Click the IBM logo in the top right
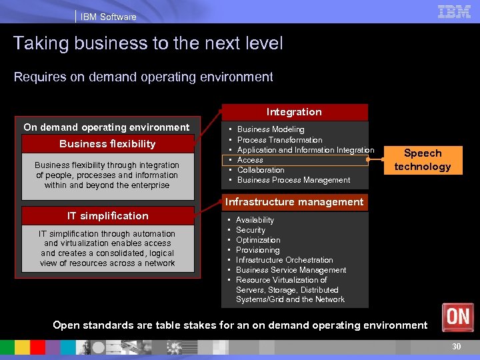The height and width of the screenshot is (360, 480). [454, 11]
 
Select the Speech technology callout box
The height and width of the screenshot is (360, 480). [422, 160]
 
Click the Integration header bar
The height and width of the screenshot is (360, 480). [294, 112]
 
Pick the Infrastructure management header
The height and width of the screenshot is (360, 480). [294, 202]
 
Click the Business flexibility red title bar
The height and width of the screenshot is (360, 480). [107, 144]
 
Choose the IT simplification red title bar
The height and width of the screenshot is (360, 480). [107, 216]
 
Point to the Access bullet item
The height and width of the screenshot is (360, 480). [250, 160]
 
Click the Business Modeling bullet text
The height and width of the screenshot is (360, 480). [271, 129]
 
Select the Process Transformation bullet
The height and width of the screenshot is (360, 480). [279, 140]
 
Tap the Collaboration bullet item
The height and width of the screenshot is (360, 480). [261, 170]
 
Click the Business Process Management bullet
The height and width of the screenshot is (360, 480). [293, 180]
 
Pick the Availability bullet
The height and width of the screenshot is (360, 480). [255, 220]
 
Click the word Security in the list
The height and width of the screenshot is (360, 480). [250, 230]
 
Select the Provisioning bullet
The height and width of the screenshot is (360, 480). [257, 250]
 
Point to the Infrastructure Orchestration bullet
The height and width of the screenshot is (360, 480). [284, 260]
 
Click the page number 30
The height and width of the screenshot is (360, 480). [456, 347]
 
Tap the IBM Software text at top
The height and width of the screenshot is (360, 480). [108, 17]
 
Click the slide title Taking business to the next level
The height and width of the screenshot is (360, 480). [148, 44]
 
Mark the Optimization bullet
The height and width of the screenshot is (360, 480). [257, 240]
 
